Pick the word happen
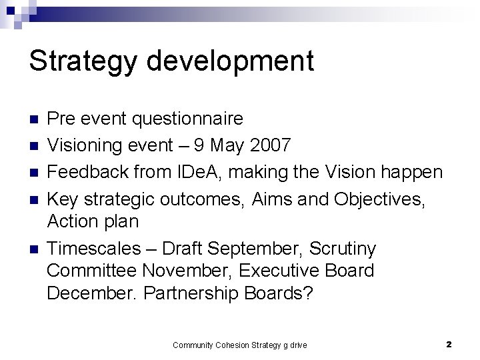pyautogui.click(x=411, y=172)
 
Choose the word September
pyautogui.click(x=245, y=249)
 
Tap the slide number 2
pyautogui.click(x=449, y=345)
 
